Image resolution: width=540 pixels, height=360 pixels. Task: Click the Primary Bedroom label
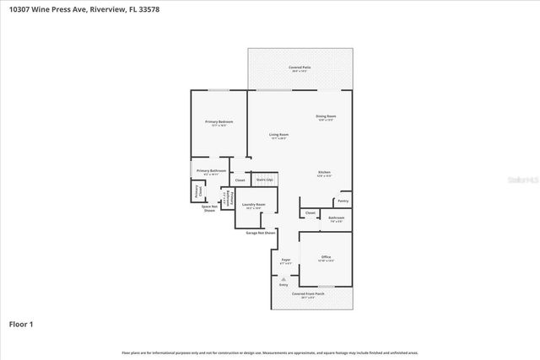(x=219, y=122)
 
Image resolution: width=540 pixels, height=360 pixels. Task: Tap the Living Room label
(x=278, y=136)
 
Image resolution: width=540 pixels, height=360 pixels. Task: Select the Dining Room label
(x=326, y=116)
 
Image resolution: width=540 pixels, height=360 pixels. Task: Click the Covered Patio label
(x=299, y=67)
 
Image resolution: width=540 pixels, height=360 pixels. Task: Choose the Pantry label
(x=343, y=201)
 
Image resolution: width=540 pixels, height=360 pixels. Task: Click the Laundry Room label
(x=253, y=205)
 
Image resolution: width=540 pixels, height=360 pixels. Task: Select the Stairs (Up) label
(x=265, y=180)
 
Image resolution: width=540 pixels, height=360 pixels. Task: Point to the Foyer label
(x=286, y=261)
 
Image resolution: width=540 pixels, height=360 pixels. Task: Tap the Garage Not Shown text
(x=261, y=232)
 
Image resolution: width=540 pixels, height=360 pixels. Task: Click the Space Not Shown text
(x=210, y=207)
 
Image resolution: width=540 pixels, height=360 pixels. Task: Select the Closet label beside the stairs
(x=240, y=180)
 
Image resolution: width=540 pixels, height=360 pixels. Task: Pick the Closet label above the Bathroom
(x=310, y=212)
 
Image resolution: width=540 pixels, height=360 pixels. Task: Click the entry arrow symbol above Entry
(x=283, y=277)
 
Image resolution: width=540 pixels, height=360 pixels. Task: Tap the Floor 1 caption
(x=20, y=324)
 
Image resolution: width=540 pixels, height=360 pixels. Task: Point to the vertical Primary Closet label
(x=198, y=191)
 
